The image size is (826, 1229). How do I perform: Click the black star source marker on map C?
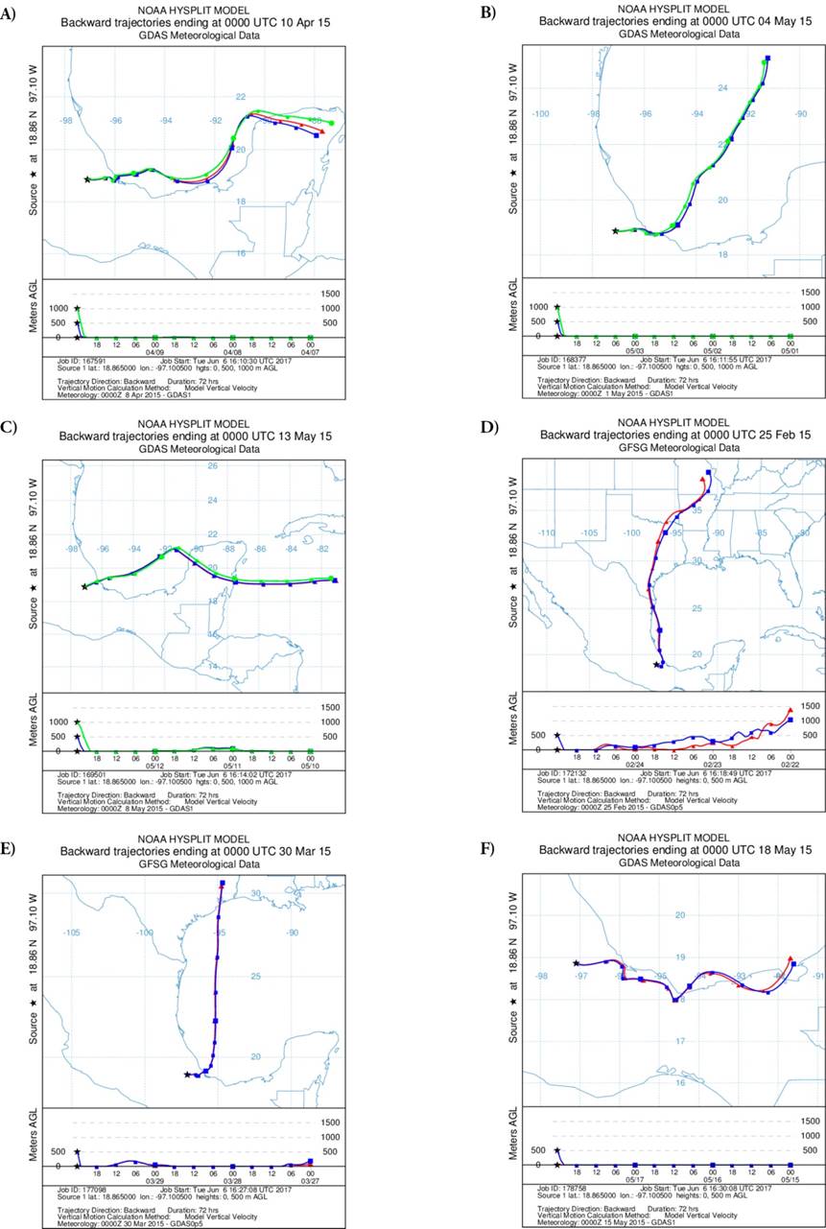coord(84,587)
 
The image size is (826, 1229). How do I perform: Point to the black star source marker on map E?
coord(187,1075)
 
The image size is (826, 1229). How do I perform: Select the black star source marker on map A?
coord(87,179)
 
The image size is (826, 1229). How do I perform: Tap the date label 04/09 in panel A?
coord(155,351)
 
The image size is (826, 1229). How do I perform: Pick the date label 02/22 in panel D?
coord(790,765)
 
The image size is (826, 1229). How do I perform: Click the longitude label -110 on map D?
coord(548,533)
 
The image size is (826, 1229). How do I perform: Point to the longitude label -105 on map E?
coord(70,933)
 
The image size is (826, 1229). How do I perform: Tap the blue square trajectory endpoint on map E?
coord(223,884)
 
